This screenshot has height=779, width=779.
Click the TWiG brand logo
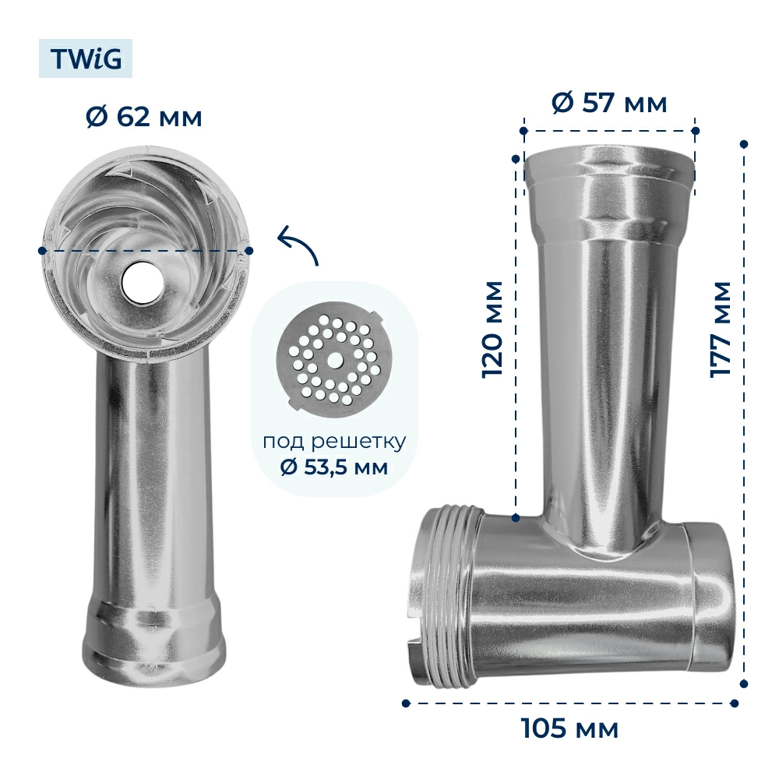(x=86, y=58)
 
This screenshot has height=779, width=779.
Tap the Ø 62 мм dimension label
(x=144, y=118)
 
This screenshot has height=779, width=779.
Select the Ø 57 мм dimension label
(x=609, y=103)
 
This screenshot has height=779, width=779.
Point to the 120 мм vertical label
(x=493, y=330)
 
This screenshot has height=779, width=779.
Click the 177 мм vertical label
(x=721, y=330)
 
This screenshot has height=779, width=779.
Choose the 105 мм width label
(x=570, y=728)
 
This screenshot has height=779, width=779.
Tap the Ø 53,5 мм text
(x=334, y=467)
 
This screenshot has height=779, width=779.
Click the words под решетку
(x=334, y=442)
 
